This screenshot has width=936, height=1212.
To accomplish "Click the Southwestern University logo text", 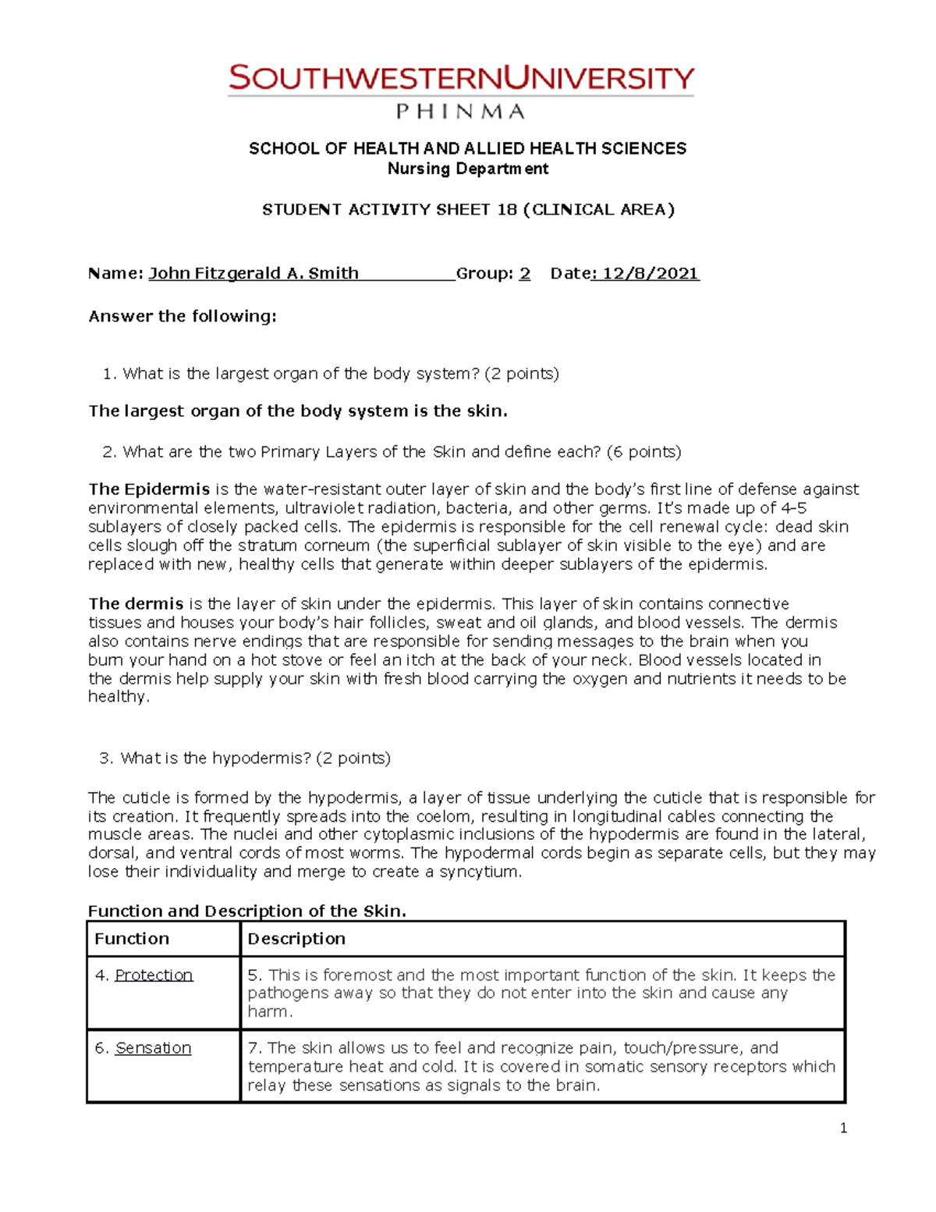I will (460, 79).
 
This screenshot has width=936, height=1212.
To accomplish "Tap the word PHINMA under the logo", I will (460, 112).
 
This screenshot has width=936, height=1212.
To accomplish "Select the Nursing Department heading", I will (468, 169).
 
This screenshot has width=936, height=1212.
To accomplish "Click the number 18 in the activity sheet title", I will (507, 209).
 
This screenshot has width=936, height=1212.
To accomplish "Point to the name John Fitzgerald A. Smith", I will (253, 273).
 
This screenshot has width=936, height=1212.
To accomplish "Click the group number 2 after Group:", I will (525, 273).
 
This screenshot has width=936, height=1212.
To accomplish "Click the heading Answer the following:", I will (183, 316).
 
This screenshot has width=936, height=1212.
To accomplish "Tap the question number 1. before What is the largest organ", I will (109, 374).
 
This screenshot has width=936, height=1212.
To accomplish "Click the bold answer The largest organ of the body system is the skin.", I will (298, 411).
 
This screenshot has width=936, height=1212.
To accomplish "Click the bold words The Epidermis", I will (149, 489).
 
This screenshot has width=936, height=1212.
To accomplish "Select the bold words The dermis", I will (136, 604).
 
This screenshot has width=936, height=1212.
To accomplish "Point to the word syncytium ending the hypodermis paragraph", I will (479, 872).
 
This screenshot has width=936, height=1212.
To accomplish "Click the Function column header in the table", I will (132, 939).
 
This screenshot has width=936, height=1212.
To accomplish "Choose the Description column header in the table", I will (296, 939).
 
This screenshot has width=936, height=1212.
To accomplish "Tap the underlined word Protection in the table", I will (154, 975).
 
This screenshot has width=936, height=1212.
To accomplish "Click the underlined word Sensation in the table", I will (153, 1048).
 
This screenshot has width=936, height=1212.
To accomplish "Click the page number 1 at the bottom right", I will (843, 1128).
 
